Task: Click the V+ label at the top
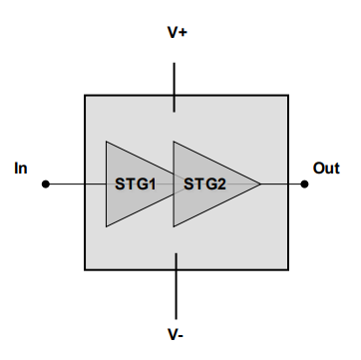click(x=178, y=33)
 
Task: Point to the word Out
click(x=326, y=168)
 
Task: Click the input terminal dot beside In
click(x=45, y=183)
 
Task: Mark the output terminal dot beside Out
click(x=304, y=183)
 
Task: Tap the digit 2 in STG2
click(x=223, y=183)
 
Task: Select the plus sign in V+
click(x=184, y=33)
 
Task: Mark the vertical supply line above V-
click(x=177, y=284)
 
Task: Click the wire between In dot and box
click(x=65, y=183)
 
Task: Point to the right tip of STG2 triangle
click(x=261, y=183)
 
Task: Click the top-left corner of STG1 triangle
click(x=106, y=141)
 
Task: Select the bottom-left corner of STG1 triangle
click(x=106, y=226)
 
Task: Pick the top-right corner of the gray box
click(x=289, y=96)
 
